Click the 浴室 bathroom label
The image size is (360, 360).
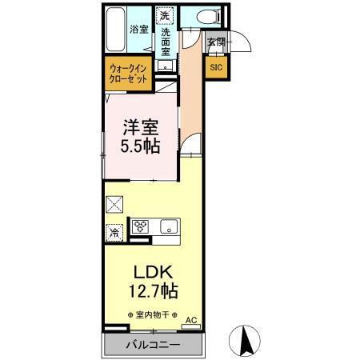pyautogui.click(x=138, y=30)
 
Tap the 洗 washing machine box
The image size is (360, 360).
pyautogui.click(x=165, y=16)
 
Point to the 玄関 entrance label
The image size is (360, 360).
pyautogui.click(x=215, y=42)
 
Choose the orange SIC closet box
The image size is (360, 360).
pyautogui.click(x=216, y=67)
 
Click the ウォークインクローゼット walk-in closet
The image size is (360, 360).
pyautogui.click(x=127, y=74)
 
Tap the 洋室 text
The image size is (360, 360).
pyautogui.click(x=138, y=126)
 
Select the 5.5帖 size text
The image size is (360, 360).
pyautogui.click(x=138, y=146)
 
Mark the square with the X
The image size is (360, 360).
pyautogui.click(x=113, y=203)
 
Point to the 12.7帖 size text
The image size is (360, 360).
pyautogui.click(x=150, y=290)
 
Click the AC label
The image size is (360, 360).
pyautogui.click(x=190, y=320)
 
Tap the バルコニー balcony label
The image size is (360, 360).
pyautogui.click(x=151, y=345)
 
